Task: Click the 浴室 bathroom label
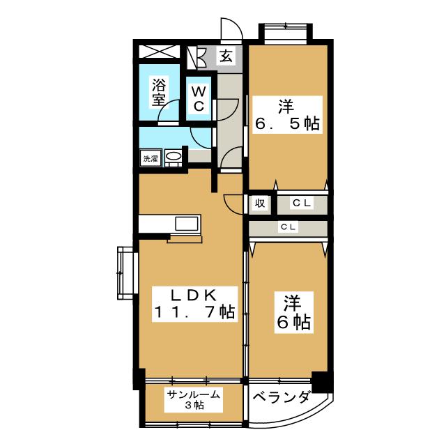pyautogui.click(x=159, y=93)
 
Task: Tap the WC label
pyautogui.click(x=198, y=99)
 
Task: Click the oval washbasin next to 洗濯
pyautogui.click(x=174, y=157)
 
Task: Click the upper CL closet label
pyautogui.click(x=301, y=203)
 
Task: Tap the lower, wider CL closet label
pyautogui.click(x=288, y=227)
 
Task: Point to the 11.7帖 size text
pyautogui.click(x=193, y=312)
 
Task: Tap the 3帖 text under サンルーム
pyautogui.click(x=194, y=406)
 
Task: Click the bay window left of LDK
pyautogui.click(x=126, y=272)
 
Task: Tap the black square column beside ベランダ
pyautogui.click(x=321, y=382)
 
